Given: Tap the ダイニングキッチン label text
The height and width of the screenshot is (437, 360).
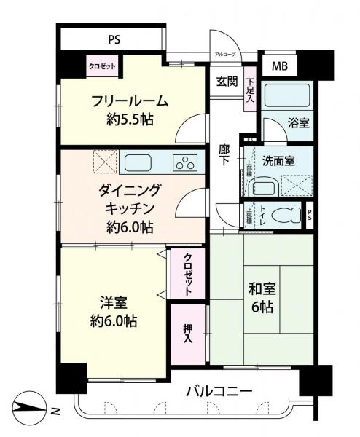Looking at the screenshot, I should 127,208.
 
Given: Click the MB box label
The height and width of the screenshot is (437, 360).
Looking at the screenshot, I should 280,67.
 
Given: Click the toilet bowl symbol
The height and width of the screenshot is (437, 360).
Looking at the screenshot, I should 289,216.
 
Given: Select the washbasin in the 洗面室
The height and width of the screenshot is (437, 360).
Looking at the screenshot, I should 261,186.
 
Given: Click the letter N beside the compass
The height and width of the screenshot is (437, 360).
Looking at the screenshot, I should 55,412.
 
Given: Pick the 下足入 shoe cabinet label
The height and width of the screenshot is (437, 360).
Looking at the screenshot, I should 250,93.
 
